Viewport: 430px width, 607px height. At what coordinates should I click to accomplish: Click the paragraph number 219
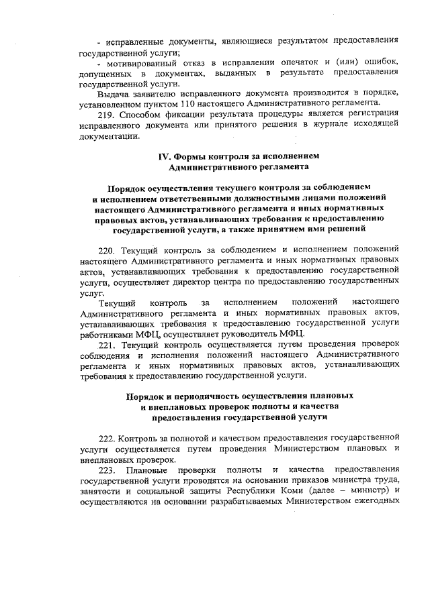pos(107,114)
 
